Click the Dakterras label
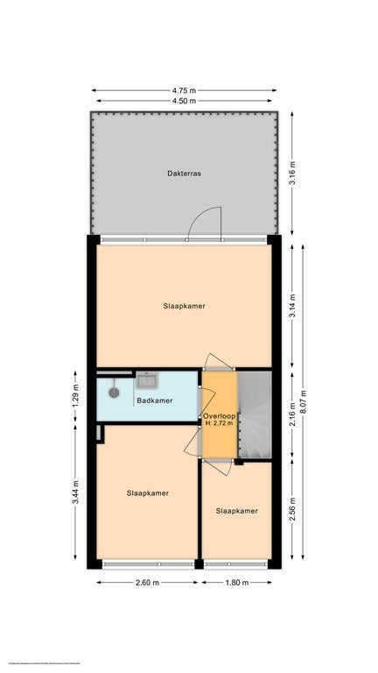click(x=185, y=174)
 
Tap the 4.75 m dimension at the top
click(x=184, y=89)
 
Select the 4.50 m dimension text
click(x=184, y=102)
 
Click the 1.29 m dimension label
click(x=76, y=399)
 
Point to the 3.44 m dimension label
click(x=76, y=493)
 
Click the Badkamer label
click(x=153, y=401)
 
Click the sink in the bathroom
click(x=146, y=380)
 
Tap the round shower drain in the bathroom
click(x=113, y=393)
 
